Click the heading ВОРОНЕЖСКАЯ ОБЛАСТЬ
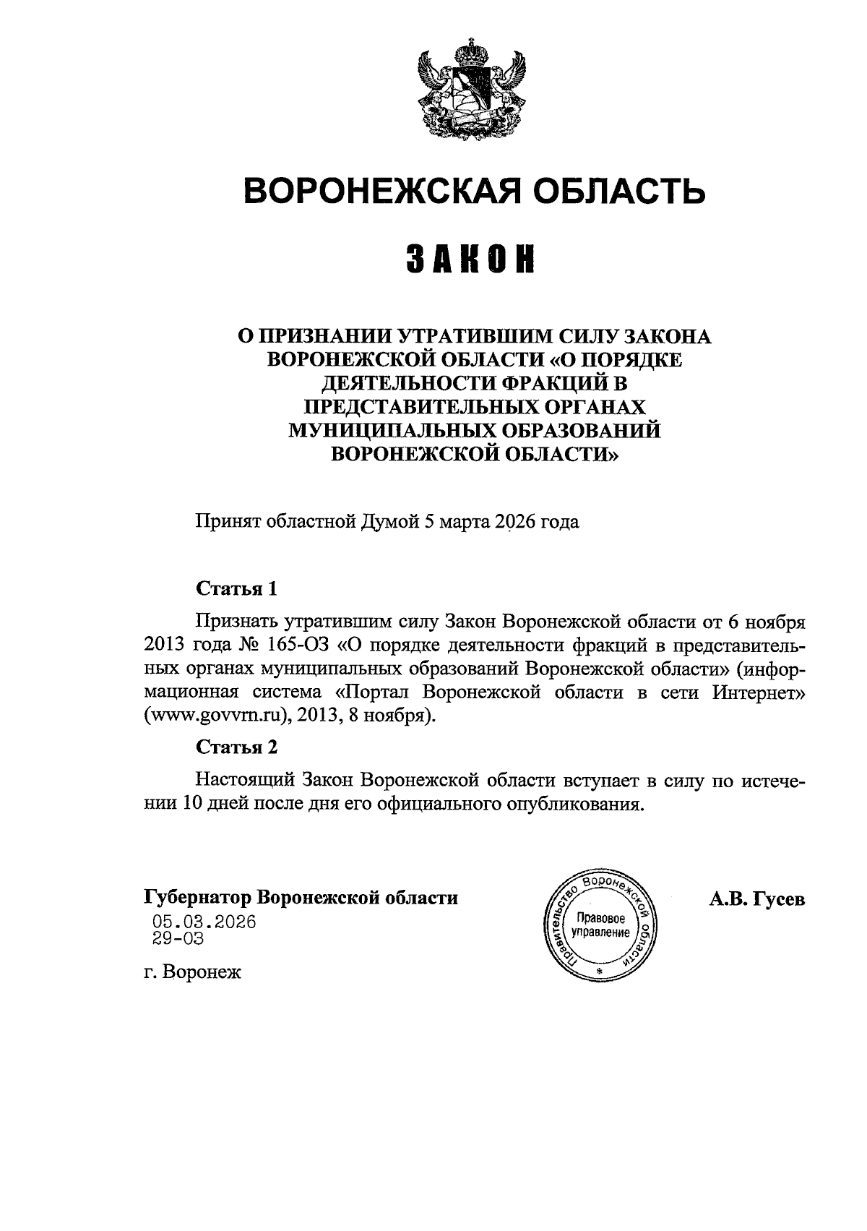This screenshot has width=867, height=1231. tap(474, 192)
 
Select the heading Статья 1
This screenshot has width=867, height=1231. tap(237, 588)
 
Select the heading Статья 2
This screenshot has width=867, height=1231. tap(237, 747)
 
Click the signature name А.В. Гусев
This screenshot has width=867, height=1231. tap(757, 899)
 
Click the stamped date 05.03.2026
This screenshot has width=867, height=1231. tap(204, 923)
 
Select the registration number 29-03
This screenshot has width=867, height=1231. tap(178, 939)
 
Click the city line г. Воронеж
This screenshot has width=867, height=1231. tap(192, 973)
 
